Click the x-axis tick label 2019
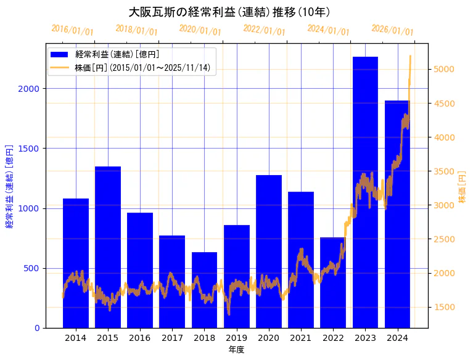click(x=236, y=338)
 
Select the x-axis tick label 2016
click(x=140, y=338)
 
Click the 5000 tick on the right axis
click(x=444, y=69)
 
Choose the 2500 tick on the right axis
click(x=444, y=239)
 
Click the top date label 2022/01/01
click(x=264, y=30)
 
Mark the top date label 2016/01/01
click(x=72, y=30)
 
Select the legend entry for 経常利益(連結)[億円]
click(x=117, y=55)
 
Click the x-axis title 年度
click(x=236, y=350)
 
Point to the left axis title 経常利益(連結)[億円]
click(x=9, y=187)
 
